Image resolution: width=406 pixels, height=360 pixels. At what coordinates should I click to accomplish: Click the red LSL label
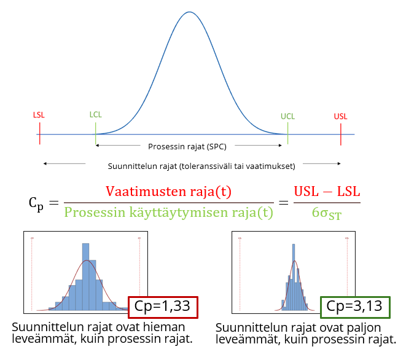39,115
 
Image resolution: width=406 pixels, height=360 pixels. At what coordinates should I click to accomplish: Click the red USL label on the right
340,116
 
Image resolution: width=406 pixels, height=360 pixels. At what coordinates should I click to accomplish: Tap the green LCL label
96,115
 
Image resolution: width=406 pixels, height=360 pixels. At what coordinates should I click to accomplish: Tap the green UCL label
287,116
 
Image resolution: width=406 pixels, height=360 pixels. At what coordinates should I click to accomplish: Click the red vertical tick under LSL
39,134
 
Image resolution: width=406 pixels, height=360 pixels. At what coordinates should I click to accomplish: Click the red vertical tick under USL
340,134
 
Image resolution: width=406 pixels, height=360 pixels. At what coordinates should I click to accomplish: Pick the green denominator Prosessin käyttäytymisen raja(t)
168,213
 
